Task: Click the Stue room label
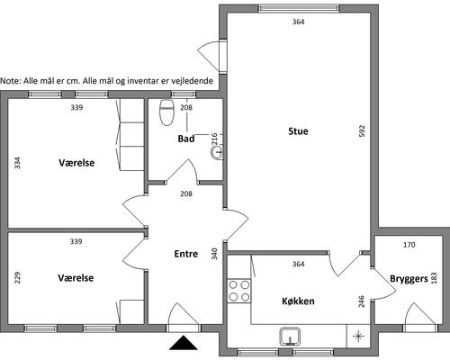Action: coord(298,131)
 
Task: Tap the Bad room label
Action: coord(186,139)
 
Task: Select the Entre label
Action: coord(186,254)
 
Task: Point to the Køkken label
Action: coord(298,301)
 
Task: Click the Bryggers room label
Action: coord(409,279)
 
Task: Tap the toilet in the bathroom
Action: coord(167,112)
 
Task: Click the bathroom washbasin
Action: coord(217,152)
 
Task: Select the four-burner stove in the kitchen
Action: coord(239,291)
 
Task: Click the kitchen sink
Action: coord(290,337)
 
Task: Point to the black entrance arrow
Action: coord(184,343)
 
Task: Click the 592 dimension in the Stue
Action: coord(362,131)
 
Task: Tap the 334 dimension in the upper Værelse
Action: coord(18,163)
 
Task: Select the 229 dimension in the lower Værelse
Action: coord(18,277)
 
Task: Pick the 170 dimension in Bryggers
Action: coord(409,245)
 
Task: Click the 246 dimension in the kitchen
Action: coord(362,301)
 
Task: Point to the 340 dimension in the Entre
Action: coord(214,254)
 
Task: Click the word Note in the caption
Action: coord(10,81)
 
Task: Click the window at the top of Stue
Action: coord(299,8)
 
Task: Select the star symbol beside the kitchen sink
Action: coord(358,336)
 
